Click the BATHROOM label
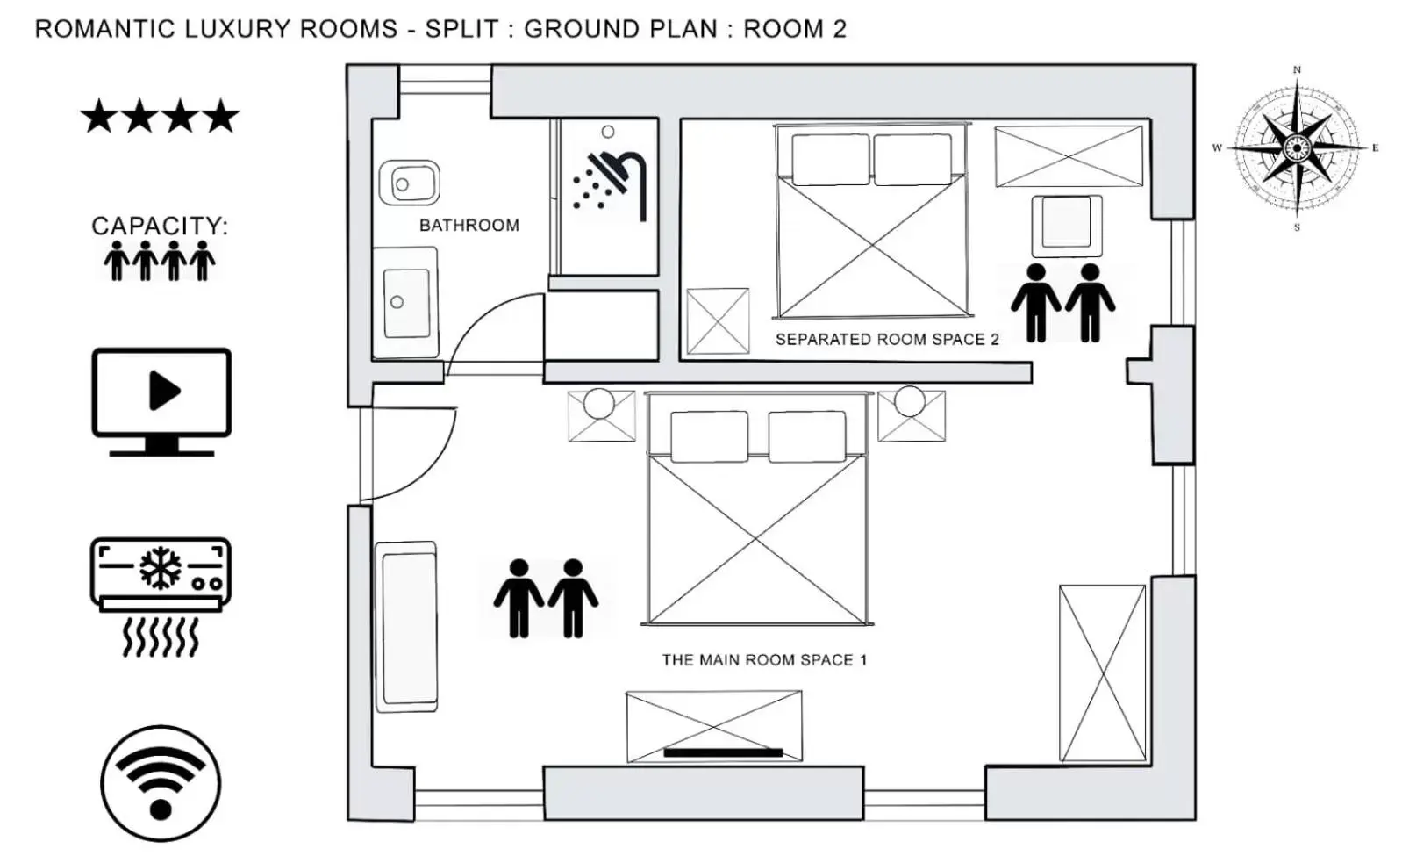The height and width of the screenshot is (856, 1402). [469, 226]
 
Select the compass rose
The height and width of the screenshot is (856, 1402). [1296, 147]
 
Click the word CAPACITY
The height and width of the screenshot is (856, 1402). [158, 226]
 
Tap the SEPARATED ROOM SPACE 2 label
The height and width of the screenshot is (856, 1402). [886, 340]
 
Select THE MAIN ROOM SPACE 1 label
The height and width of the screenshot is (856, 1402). [763, 660]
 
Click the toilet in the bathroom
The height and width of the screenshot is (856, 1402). [409, 183]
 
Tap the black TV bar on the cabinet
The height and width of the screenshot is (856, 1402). [723, 752]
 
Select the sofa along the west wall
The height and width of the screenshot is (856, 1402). [406, 626]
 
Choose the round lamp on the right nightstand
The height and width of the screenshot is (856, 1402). [909, 401]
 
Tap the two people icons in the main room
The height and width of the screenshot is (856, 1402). [546, 598]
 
